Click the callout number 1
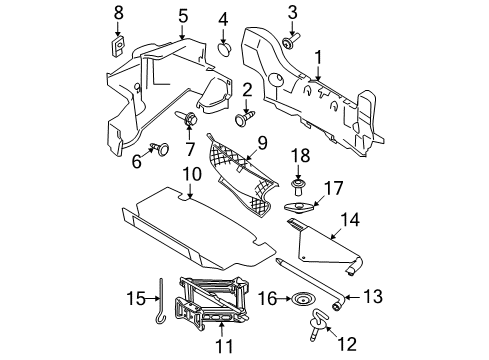pos(318,59)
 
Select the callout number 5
pos(182,15)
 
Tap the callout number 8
pos(118,12)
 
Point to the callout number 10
pos(189,176)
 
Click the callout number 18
pos(296,156)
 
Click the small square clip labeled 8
pos(118,45)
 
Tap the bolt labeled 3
pos(289,42)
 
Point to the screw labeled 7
pos(188,120)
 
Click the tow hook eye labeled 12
pos(325,323)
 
